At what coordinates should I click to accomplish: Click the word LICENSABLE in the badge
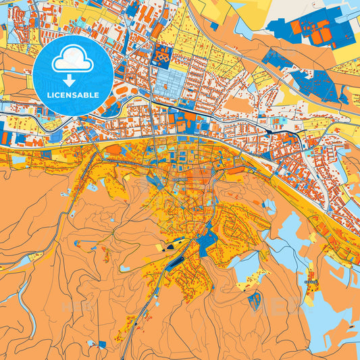point(72,95)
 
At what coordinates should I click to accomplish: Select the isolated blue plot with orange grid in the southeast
point(255,301)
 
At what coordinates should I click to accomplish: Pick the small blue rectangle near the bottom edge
point(102,344)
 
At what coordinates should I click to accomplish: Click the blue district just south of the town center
point(207,236)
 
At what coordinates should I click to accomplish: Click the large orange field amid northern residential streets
point(236,101)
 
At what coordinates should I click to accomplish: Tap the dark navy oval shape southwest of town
point(177,259)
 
